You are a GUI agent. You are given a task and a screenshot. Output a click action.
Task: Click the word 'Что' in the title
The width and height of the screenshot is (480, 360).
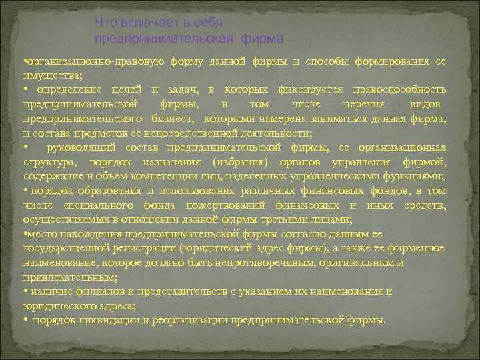point(104,23)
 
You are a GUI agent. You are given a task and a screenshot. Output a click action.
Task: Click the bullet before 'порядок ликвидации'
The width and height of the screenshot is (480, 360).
point(25,319)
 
